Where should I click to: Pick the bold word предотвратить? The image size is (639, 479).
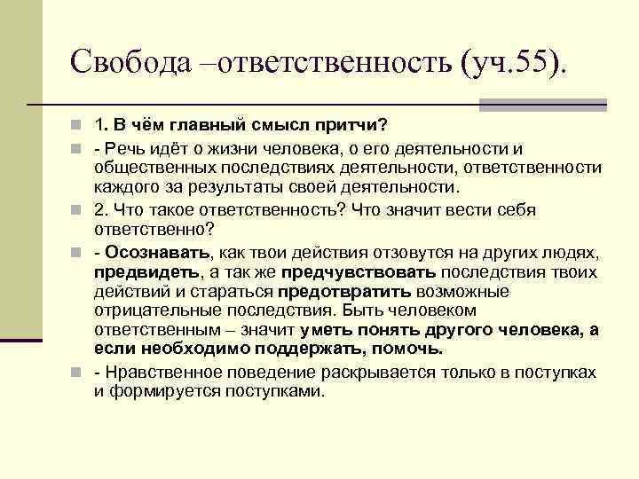[344, 292]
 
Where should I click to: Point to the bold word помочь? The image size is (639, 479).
[408, 349]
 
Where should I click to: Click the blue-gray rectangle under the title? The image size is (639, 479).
[542, 106]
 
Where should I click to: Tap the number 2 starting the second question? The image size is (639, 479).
[99, 210]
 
